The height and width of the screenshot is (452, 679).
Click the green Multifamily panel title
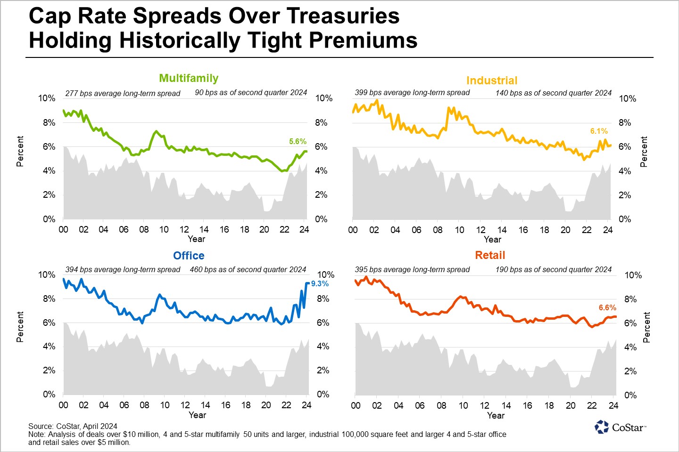click(189, 78)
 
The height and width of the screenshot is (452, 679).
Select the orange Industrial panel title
click(492, 81)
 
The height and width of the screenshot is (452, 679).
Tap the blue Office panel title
click(189, 256)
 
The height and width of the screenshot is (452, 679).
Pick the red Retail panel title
click(490, 255)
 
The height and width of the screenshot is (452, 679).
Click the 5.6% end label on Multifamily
click(298, 141)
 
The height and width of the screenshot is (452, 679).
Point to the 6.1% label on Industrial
click(599, 131)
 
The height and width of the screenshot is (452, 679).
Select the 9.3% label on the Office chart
click(320, 283)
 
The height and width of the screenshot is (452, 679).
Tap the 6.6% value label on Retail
click(607, 307)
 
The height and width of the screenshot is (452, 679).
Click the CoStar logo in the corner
click(620, 427)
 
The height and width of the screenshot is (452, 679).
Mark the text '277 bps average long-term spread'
click(123, 93)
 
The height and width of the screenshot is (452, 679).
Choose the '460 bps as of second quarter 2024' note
click(248, 270)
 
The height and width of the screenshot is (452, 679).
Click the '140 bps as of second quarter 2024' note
click(553, 93)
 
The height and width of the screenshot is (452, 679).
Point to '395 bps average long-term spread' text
click(412, 270)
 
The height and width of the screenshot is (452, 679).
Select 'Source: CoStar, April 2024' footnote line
click(73, 426)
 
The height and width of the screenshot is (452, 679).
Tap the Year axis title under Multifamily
click(196, 239)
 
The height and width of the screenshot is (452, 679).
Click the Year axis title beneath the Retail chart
click(496, 415)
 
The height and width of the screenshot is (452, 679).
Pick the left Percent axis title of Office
click(20, 327)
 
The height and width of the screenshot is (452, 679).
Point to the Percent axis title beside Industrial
click(644, 152)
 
